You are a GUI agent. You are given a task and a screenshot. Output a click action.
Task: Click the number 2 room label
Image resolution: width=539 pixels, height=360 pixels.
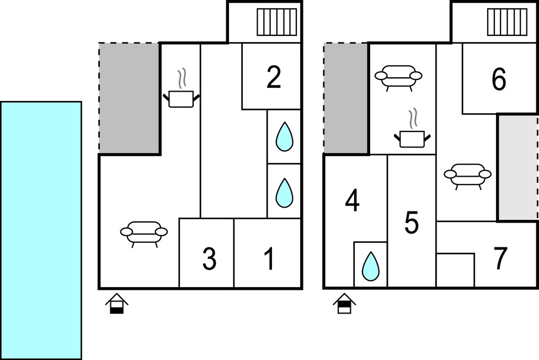(273, 78)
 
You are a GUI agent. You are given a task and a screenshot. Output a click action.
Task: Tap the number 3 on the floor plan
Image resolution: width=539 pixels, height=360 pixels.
(209, 260)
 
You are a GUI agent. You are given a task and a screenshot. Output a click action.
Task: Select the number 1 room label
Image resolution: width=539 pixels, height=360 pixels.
(269, 260)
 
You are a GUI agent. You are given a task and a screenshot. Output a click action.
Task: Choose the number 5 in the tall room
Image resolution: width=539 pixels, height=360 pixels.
(412, 223)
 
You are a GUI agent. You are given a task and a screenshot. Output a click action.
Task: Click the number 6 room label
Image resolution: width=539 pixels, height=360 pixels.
(499, 80)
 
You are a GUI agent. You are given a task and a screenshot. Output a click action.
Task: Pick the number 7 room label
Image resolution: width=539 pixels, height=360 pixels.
(500, 260)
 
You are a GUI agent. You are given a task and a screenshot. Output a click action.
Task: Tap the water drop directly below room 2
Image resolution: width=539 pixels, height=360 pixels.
(284, 137)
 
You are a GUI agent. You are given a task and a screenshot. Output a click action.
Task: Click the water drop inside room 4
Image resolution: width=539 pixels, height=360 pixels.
(370, 266)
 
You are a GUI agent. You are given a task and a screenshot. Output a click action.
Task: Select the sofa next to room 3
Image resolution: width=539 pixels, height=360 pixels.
(144, 232)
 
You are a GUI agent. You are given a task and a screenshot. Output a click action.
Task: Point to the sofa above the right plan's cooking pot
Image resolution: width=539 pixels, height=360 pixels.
(398, 76)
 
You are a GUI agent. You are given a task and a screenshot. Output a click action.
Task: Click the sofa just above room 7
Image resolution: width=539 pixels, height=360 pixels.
(468, 175)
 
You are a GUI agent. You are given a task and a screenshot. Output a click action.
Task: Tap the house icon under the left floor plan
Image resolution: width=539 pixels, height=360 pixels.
(117, 304)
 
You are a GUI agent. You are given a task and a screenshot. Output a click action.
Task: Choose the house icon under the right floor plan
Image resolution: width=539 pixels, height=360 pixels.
(344, 304)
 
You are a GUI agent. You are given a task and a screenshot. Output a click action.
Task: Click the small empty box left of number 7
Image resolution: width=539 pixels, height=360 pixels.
(455, 270)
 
